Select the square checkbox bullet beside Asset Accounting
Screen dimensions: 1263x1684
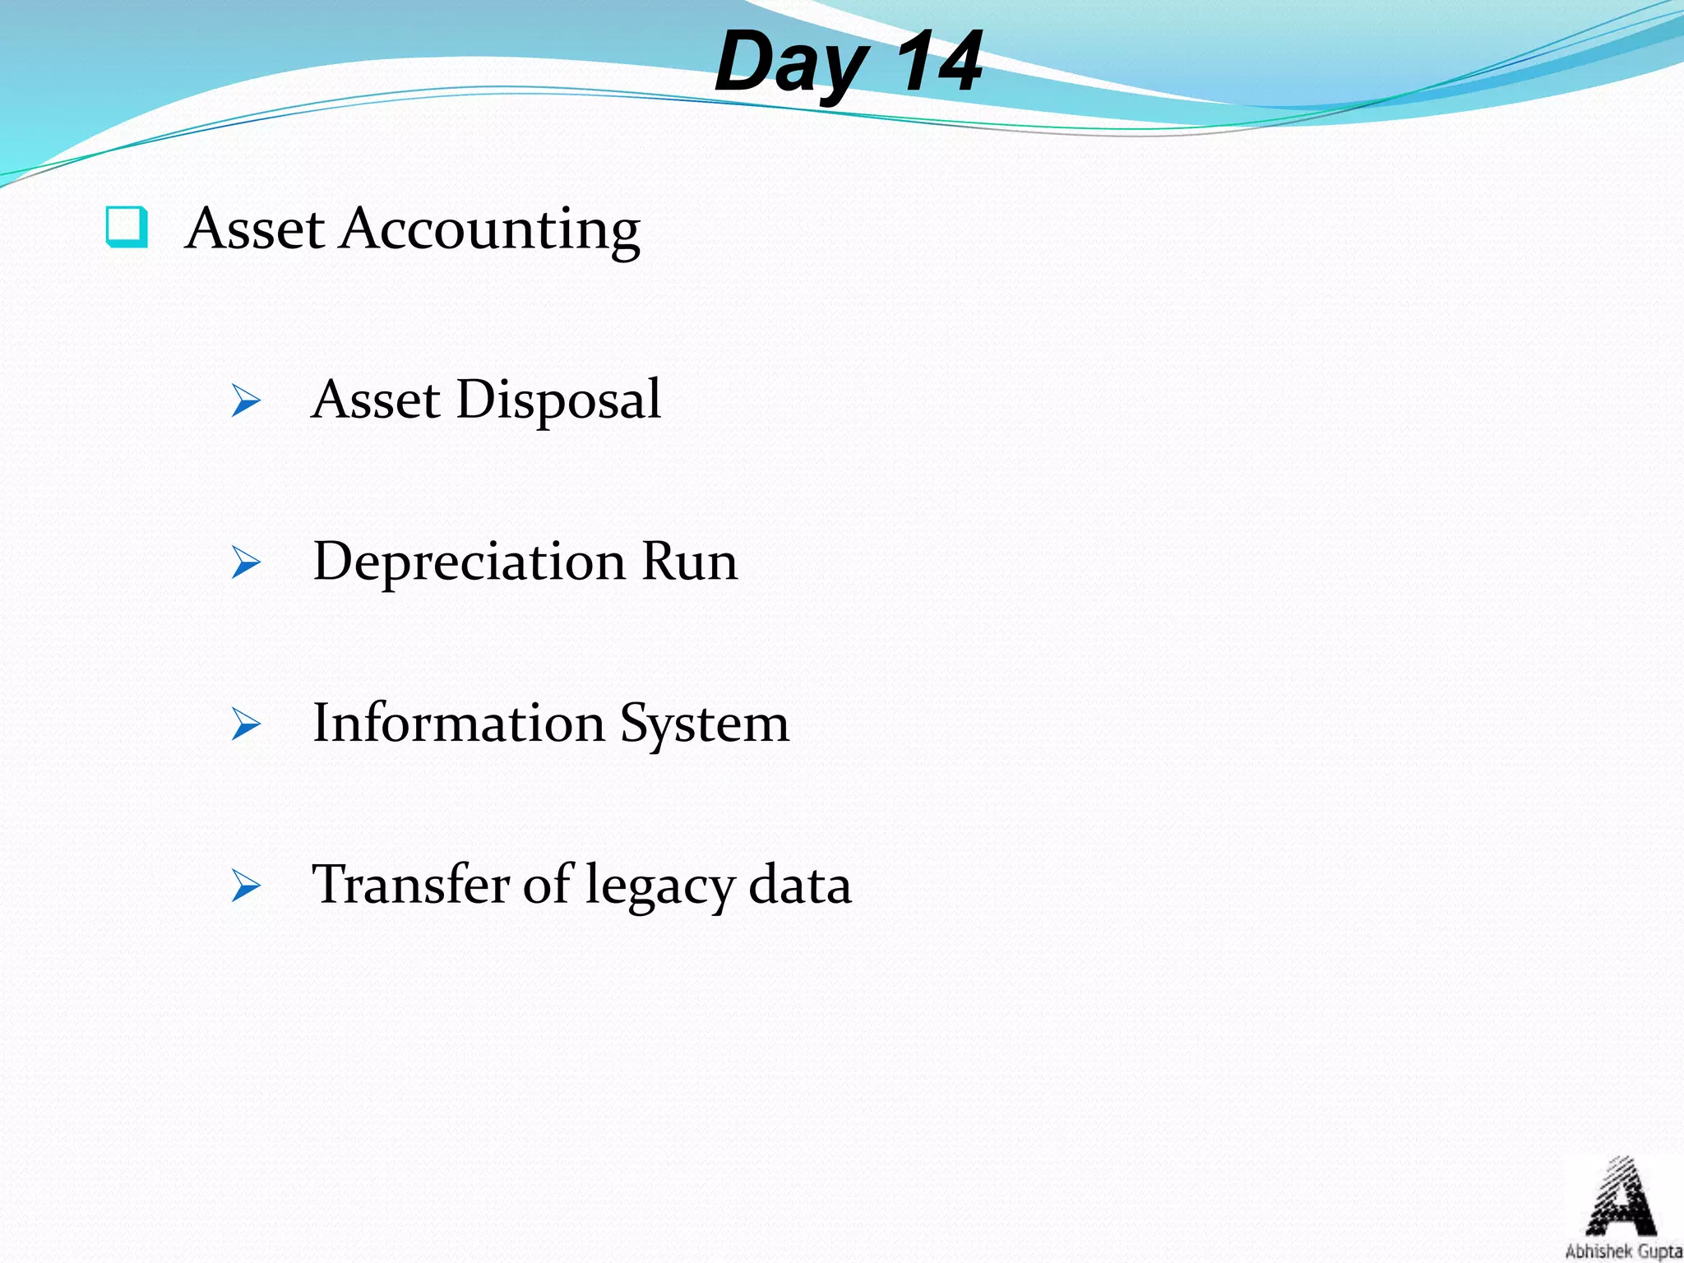tap(127, 227)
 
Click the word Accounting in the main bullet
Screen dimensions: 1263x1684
tap(491, 230)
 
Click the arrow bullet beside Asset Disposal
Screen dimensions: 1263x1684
tap(246, 400)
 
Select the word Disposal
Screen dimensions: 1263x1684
tap(558, 400)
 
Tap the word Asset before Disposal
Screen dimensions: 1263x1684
tap(376, 400)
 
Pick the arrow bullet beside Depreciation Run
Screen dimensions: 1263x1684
tap(246, 562)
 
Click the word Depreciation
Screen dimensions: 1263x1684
tap(469, 562)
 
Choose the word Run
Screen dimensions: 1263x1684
tap(689, 562)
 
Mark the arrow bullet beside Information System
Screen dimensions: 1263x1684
tap(246, 724)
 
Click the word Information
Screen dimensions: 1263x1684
tap(459, 724)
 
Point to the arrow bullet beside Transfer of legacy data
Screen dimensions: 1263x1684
tap(246, 886)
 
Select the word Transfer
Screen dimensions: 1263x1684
tap(411, 886)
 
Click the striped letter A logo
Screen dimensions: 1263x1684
tap(1620, 1196)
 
